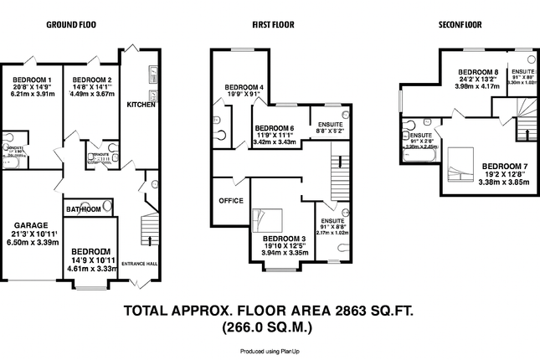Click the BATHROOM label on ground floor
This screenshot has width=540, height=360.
[84, 208]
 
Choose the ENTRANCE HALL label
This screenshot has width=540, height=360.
[139, 264]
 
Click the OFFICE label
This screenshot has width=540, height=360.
[230, 201]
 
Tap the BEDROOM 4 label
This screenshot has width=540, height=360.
[244, 88]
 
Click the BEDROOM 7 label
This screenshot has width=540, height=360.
[506, 165]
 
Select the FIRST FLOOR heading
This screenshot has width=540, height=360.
[273, 25]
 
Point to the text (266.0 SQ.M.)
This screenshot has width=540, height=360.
[270, 327]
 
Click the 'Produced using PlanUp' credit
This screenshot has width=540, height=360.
[270, 352]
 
